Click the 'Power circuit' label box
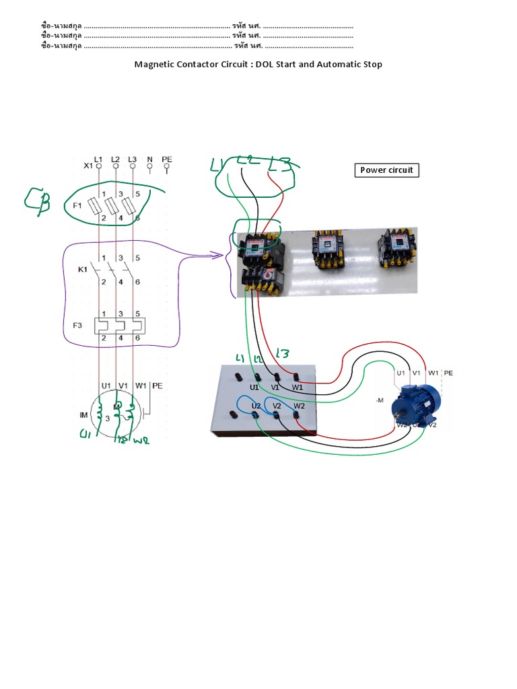386,170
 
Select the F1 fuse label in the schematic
77,204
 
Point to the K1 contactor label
83,269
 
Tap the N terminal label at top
149,159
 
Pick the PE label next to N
167,159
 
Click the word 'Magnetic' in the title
155,65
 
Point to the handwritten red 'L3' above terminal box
281,353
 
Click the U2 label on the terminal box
256,406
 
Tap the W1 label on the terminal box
297,388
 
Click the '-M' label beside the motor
379,400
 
